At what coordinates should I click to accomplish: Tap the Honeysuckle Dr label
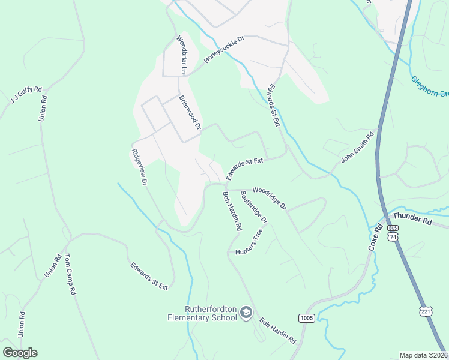point(224,49)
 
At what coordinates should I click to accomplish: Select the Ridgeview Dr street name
point(139,166)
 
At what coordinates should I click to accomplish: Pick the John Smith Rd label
point(358,147)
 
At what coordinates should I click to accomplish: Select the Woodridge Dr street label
point(270,198)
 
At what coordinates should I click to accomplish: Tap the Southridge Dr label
point(253,208)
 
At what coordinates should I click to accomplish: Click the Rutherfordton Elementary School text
point(211,313)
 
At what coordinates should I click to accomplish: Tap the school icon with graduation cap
point(246,313)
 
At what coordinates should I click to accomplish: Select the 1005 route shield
point(306,317)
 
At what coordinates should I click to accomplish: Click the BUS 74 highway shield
point(393,233)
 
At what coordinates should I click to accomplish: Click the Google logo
point(20,353)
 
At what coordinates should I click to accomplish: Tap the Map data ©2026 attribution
point(423,355)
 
